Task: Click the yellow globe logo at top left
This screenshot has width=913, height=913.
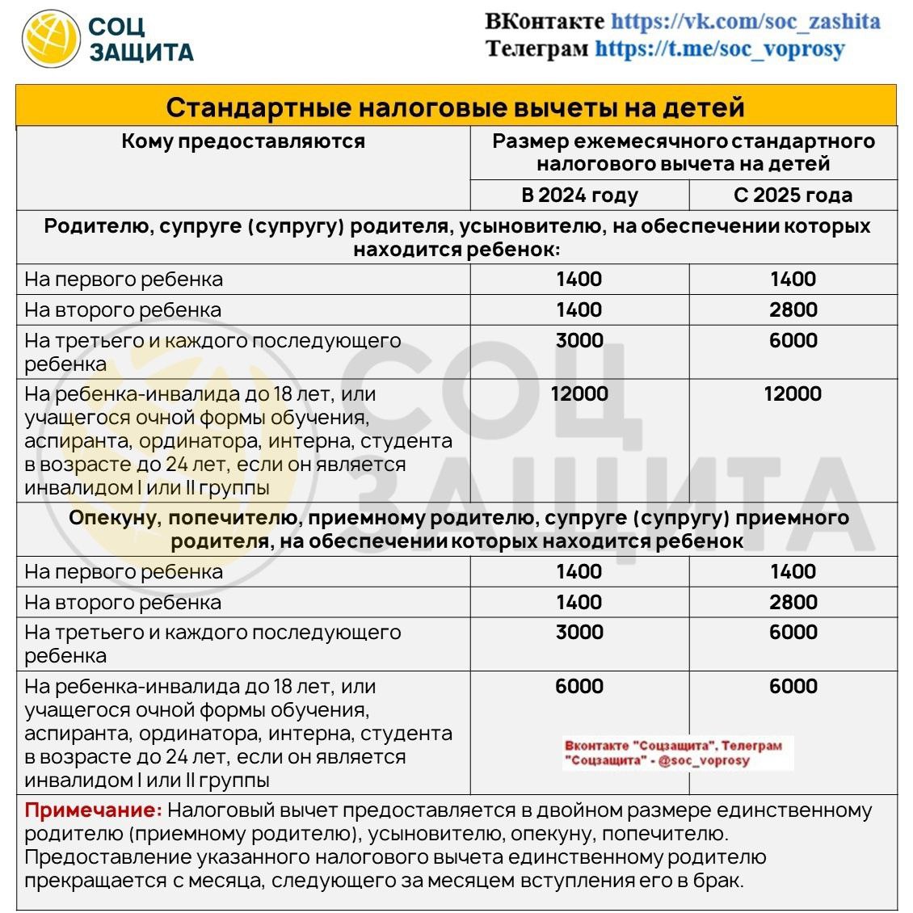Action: tap(51, 38)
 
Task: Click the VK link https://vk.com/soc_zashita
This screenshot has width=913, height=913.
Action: tap(745, 21)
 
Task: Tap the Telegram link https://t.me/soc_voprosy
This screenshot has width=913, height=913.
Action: tap(719, 48)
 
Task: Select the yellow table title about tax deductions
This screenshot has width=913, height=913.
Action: tap(455, 107)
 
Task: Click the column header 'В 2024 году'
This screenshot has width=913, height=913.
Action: tap(579, 196)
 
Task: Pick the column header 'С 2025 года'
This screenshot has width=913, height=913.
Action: tap(793, 196)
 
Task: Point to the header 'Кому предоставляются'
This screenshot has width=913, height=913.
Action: tap(243, 141)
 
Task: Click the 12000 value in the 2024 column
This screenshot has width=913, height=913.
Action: tap(579, 394)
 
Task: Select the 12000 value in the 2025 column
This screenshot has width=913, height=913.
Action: tap(793, 394)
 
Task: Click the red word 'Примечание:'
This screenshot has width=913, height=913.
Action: tap(93, 810)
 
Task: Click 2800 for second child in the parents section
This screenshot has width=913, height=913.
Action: tap(793, 309)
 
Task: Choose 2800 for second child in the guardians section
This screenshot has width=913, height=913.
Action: tap(793, 602)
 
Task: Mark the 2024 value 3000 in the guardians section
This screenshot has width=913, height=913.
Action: tap(579, 633)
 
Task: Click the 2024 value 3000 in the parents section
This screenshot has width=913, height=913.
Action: tap(579, 340)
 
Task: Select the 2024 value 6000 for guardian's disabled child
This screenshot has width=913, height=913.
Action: tap(579, 686)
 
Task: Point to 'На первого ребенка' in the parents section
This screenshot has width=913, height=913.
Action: tap(124, 280)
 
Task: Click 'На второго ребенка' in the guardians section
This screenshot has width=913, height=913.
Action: tap(123, 603)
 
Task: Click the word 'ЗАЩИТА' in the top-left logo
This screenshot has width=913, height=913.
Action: tap(141, 53)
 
